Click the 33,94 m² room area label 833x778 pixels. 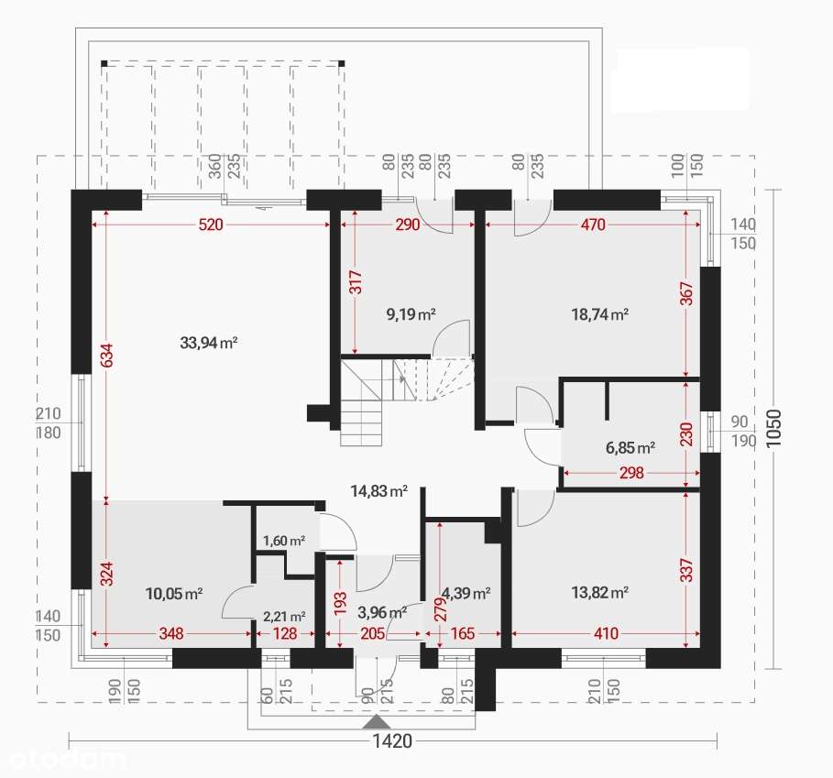(209, 343)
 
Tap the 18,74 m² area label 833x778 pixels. (600, 314)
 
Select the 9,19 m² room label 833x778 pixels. (411, 314)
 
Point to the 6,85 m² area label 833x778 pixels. (630, 448)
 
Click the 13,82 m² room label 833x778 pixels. (600, 592)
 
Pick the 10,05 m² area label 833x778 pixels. (174, 593)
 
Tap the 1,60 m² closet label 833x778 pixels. (284, 541)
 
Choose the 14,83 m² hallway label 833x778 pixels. (379, 490)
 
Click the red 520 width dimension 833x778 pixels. (211, 225)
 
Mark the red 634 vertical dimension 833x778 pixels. (107, 356)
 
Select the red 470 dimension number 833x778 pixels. (593, 225)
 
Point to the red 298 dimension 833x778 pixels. (631, 473)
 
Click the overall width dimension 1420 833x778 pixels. (392, 740)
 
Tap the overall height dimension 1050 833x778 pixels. (774, 428)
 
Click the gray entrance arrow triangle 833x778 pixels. (377, 721)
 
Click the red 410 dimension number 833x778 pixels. (606, 633)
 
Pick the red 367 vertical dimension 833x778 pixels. (687, 293)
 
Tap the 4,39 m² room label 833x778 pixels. (466, 593)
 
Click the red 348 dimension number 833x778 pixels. (171, 633)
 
